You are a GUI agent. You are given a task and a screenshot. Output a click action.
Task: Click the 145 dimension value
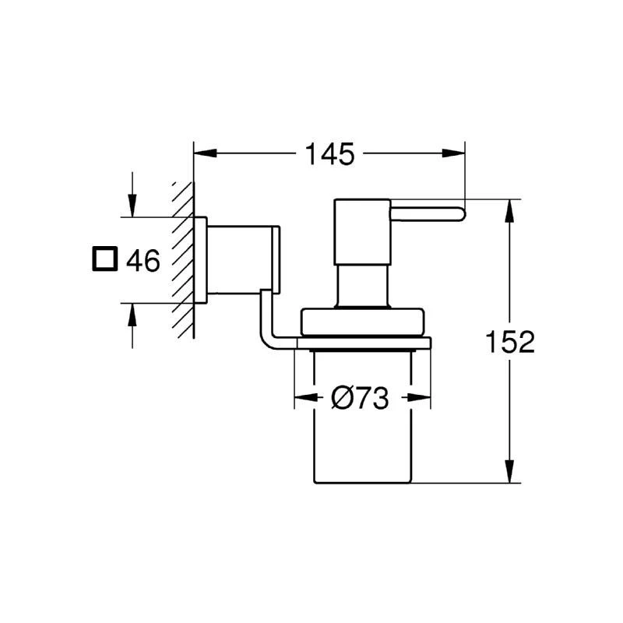click(x=329, y=154)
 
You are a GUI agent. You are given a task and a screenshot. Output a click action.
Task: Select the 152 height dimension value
click(x=509, y=342)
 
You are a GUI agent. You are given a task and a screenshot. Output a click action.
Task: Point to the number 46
click(x=143, y=260)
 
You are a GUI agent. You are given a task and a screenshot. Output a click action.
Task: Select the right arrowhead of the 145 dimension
click(x=457, y=153)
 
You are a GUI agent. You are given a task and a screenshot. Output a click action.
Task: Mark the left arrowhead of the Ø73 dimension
click(x=301, y=399)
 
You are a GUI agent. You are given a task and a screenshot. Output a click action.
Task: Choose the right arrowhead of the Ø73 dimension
click(x=423, y=399)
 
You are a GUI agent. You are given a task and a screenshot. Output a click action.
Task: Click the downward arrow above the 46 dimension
click(x=132, y=206)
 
